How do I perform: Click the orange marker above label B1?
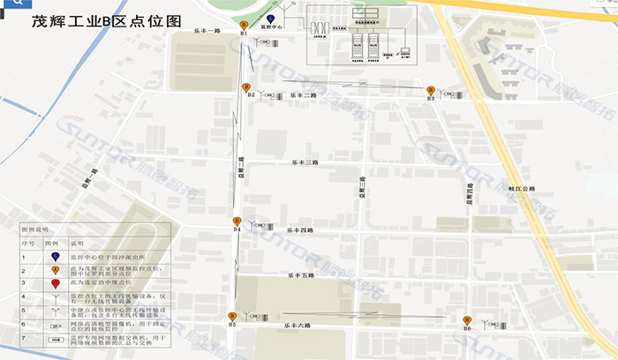tap(244, 25)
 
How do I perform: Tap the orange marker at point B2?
tap(245, 86)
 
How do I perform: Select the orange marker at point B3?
tap(430, 90)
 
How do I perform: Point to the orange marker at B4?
tap(236, 221)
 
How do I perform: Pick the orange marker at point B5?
tap(232, 316)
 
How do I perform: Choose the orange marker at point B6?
tap(467, 320)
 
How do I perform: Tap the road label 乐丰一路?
tap(207, 31)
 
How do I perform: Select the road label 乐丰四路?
tap(301, 230)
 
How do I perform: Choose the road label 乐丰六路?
tap(298, 326)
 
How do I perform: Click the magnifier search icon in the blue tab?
tap(18, 4)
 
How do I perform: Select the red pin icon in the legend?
tap(56, 283)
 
